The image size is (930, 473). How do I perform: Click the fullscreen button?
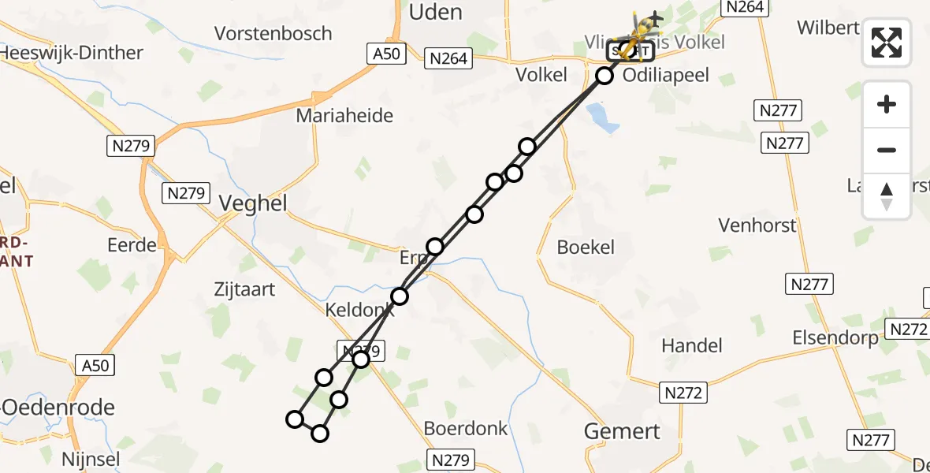[887, 43]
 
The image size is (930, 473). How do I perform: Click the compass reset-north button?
[887, 196]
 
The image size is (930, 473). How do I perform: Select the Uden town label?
[436, 12]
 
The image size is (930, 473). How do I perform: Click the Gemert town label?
[622, 431]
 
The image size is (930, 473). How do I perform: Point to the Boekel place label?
[585, 247]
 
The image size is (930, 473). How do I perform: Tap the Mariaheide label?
[344, 116]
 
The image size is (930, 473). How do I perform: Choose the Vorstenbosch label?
[273, 34]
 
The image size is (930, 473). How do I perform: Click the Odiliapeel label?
[665, 75]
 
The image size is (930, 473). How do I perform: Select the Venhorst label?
[757, 225]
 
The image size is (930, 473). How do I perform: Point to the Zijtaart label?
[244, 289]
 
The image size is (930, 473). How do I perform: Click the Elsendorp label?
[835, 338]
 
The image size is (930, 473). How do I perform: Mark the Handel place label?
[692, 345]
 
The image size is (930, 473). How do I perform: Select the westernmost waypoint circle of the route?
[295, 419]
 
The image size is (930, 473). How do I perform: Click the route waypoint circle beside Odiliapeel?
[604, 76]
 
